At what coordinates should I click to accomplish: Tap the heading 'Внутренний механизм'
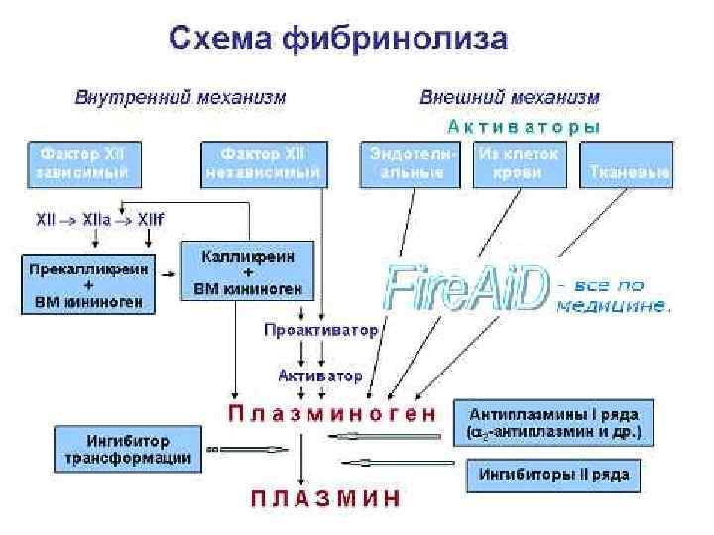tap(180, 98)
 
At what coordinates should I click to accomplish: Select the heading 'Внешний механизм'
tap(510, 98)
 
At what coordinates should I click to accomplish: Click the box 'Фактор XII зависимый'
tap(84, 164)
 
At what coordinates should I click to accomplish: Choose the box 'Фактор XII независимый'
tap(263, 164)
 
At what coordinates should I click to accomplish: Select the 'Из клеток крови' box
tap(519, 164)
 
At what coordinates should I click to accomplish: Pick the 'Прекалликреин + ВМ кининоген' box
tap(90, 285)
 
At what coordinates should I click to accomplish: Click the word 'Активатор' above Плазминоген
tap(319, 376)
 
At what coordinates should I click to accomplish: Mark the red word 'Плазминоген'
tap(332, 413)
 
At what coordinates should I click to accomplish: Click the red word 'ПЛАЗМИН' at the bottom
tap(325, 497)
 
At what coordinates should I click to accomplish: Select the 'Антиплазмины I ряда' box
tap(554, 422)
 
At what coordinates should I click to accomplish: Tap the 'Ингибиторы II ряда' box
tap(554, 475)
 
